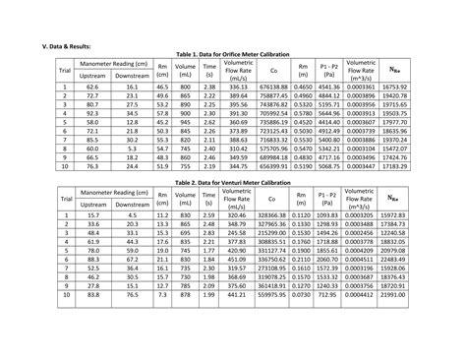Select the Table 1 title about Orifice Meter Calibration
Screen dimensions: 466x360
point(233,56)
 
